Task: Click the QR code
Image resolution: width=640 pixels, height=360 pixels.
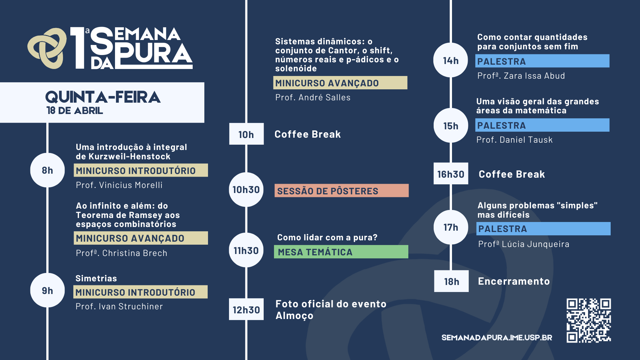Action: [589, 320]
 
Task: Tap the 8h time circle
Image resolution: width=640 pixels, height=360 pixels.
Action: [47, 170]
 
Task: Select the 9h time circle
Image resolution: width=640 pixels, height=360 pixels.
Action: [47, 290]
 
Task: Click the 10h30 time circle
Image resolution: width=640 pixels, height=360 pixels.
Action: [246, 190]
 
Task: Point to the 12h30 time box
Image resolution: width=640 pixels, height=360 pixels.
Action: [246, 309]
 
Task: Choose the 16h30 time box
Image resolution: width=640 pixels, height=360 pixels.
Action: [451, 174]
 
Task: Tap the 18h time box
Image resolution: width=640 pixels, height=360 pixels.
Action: [451, 281]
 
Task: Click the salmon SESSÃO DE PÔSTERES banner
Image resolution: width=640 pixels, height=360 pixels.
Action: [342, 191]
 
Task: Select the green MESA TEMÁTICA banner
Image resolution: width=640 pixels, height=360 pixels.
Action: [341, 252]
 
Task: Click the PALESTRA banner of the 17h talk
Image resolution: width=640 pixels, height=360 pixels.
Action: [543, 229]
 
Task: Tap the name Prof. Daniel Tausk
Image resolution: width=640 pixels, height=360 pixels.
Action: [514, 140]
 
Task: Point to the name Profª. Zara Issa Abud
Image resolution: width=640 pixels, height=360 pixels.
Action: [521, 76]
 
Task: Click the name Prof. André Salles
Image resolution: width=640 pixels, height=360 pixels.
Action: [313, 98]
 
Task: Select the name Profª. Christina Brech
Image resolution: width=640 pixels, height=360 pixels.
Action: [121, 253]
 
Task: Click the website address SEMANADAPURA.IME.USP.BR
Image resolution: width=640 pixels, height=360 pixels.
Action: [497, 338]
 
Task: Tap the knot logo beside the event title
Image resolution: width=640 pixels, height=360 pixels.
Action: [47, 48]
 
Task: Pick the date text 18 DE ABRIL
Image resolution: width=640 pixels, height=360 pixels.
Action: [75, 111]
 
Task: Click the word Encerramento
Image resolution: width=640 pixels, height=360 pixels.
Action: [514, 281]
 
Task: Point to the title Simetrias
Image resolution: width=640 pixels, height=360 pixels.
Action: [96, 278]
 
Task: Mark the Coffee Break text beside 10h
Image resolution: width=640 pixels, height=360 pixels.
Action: [307, 134]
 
